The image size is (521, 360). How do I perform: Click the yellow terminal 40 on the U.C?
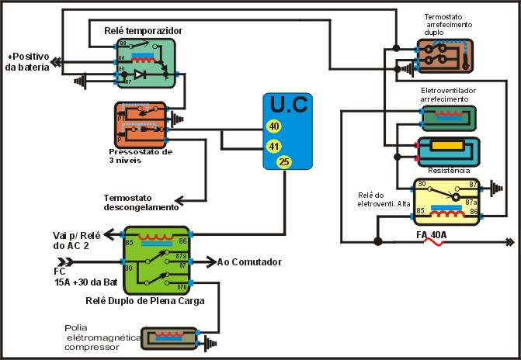tap(274, 126)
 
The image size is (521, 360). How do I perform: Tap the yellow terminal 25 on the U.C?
tap(283, 162)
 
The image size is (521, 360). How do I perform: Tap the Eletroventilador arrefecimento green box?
tap(447, 117)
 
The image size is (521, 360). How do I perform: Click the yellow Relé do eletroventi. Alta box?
tap(449, 199)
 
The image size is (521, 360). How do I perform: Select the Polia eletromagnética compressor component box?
tap(170, 338)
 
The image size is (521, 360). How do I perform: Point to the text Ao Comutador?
tap(249, 262)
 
